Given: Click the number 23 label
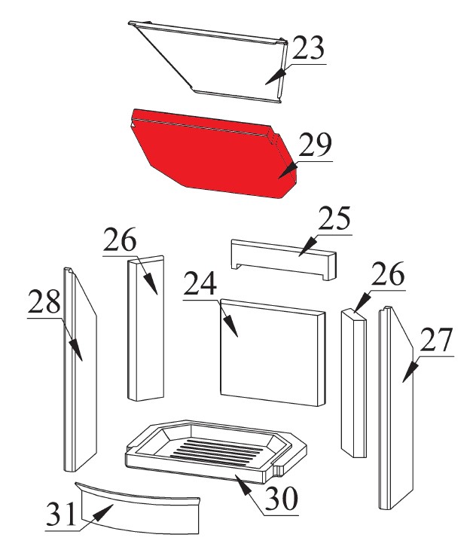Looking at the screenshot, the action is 308,47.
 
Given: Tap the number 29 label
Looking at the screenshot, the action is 315,145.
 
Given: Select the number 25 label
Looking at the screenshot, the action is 334,218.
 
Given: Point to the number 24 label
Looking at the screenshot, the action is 200,283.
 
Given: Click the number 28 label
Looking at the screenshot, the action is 44,301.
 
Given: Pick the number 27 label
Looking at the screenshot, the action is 436,339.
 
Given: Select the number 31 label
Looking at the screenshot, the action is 61,514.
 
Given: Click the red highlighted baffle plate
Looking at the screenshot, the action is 214,153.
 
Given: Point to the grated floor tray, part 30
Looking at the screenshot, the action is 216,451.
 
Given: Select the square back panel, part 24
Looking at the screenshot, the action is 273,353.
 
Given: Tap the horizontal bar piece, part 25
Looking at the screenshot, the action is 284,259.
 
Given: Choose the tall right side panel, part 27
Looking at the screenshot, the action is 396,408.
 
